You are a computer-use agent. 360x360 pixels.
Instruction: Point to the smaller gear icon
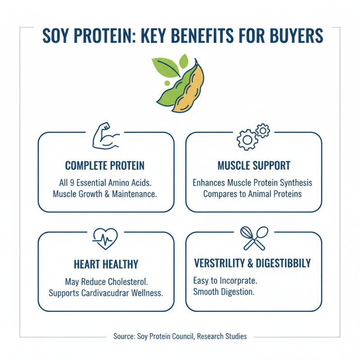(262, 130)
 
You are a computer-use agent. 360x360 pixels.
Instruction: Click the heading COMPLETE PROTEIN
(105, 166)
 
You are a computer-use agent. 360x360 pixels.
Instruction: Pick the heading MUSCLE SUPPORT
(254, 166)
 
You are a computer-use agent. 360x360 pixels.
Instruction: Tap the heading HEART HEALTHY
(105, 264)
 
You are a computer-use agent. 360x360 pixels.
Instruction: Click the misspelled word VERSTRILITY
(222, 263)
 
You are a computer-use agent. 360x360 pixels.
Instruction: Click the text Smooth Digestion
(224, 291)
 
